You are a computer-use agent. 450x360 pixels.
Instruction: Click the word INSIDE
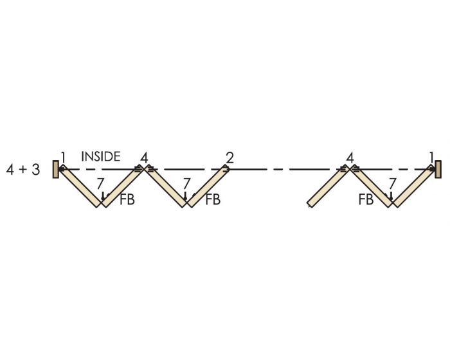click(101, 156)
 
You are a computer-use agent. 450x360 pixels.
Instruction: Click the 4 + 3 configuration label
click(23, 170)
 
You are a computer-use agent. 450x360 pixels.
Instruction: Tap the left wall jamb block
click(56, 169)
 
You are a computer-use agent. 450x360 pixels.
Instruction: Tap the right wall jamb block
click(438, 169)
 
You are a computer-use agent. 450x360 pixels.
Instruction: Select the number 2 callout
click(230, 157)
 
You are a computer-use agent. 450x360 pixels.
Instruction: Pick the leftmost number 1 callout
click(64, 157)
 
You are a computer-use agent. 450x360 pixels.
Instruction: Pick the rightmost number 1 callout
click(431, 157)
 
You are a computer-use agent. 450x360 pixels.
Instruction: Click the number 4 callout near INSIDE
click(144, 158)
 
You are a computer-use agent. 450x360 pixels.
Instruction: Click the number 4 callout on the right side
click(350, 158)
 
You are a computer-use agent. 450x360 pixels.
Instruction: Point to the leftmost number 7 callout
click(100, 183)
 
